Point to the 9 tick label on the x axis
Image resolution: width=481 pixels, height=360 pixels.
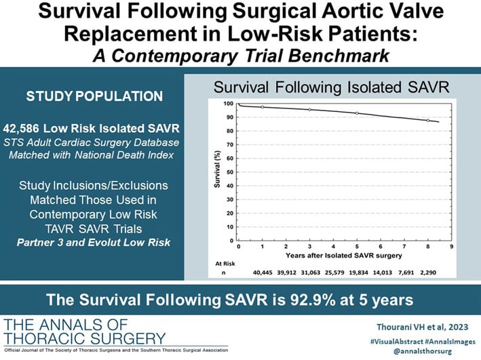pos(451,246)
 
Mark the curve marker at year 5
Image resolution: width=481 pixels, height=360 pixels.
pos(357,113)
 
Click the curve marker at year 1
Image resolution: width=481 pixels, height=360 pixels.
pos(263,107)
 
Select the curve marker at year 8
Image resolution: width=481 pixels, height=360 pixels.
pos(427,121)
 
